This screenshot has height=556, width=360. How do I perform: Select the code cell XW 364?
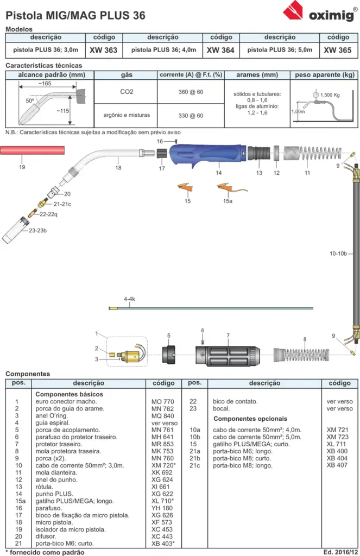[220, 50]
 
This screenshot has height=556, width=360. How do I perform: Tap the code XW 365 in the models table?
[338, 50]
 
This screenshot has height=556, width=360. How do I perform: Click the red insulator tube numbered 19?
[32, 150]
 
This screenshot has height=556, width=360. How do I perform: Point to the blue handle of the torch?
[207, 154]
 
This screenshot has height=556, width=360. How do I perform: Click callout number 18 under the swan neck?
[118, 168]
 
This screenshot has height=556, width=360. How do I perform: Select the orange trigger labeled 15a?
[232, 188]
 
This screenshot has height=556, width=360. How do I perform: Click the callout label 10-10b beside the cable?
[338, 254]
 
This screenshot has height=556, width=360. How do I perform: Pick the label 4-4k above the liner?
[129, 299]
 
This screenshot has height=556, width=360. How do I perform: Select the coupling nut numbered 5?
[169, 354]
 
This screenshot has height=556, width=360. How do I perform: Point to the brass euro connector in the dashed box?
[128, 355]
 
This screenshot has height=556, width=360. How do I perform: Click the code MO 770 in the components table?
[163, 402]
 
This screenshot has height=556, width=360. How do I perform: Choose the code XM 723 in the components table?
[338, 437]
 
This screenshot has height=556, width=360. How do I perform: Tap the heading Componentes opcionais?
[250, 419]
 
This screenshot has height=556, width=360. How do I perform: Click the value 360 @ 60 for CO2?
[191, 92]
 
